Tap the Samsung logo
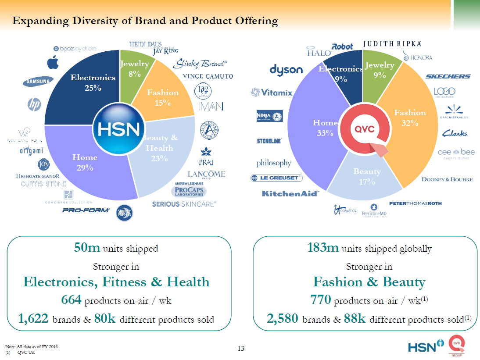(39, 81)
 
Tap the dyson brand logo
(286, 70)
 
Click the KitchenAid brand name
(290, 193)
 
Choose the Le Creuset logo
(276, 178)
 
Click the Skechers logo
(448, 76)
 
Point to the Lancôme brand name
(206, 174)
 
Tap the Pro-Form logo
(86, 210)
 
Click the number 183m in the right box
(322, 248)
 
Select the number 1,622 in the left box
(34, 319)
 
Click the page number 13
(240, 349)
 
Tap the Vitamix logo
(272, 92)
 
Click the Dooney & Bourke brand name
(447, 179)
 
